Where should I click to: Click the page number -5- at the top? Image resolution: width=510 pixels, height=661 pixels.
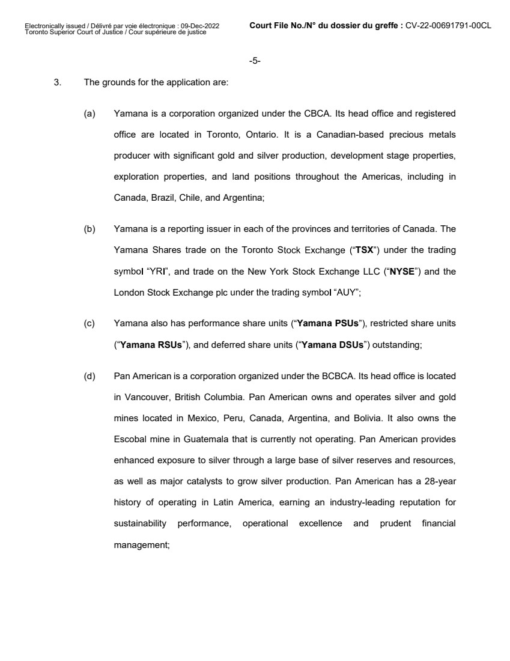[254, 61]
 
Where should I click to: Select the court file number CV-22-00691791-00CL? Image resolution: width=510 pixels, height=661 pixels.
[448, 26]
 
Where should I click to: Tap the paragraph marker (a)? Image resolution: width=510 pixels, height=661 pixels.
[89, 114]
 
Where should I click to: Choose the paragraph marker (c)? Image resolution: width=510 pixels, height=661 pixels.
[89, 323]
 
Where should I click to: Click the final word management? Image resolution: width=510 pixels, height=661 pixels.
[142, 544]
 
